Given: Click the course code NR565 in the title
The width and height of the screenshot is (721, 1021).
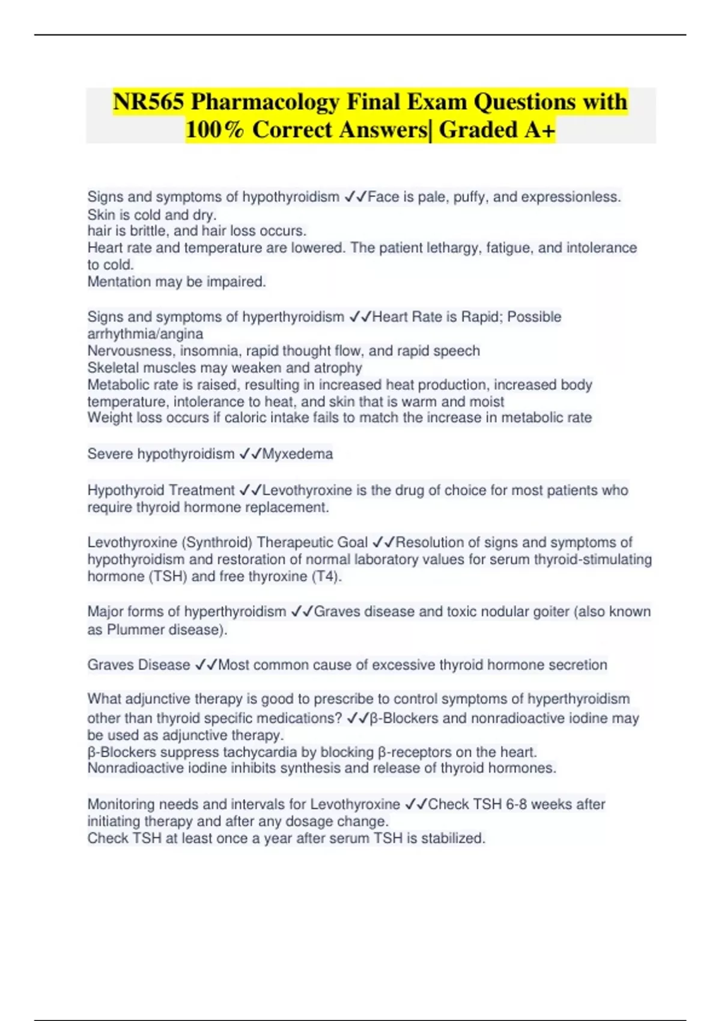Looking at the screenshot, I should click(148, 102).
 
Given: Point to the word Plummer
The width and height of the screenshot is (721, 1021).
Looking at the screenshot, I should click(135, 629).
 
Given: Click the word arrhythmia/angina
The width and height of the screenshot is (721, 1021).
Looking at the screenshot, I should click(145, 334).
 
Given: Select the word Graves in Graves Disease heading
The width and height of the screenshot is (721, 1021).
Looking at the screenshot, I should click(110, 665).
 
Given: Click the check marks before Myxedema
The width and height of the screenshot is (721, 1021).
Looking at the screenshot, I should click(250, 454).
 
